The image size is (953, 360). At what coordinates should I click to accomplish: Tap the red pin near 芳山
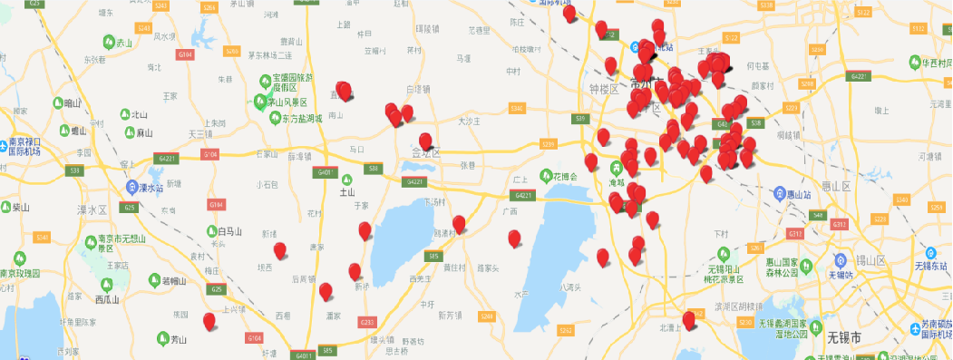click(209, 321)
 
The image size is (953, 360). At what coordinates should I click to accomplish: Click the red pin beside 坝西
click(279, 250)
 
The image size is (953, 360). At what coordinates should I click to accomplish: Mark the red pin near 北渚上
click(689, 318)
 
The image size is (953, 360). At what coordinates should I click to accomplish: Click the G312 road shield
click(840, 224)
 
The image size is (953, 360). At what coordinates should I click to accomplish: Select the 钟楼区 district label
click(602, 89)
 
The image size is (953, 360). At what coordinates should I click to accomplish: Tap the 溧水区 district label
click(92, 209)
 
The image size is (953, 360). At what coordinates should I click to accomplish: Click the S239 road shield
click(547, 144)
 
